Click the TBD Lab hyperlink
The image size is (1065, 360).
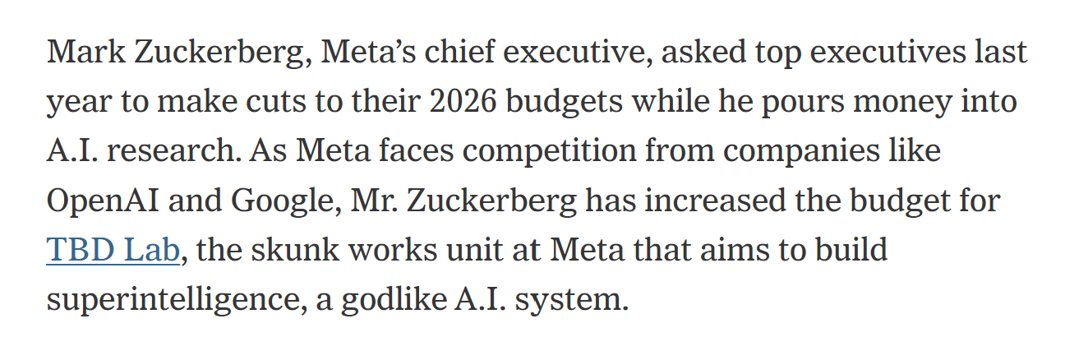pyautogui.click(x=113, y=250)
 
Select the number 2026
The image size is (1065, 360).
pyautogui.click(x=460, y=102)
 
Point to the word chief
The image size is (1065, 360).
pyautogui.click(x=456, y=53)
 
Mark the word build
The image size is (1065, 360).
pyautogui.click(x=851, y=250)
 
